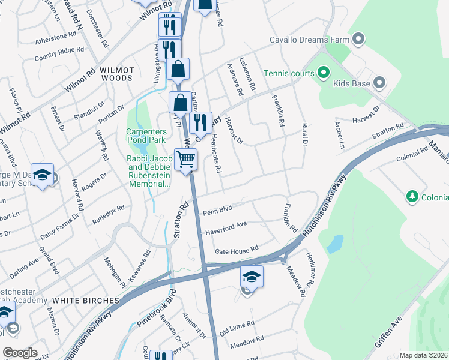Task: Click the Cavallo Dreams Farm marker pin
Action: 359,40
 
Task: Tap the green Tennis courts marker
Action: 323,74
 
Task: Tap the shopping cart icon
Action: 186,159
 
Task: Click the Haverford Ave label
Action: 226,227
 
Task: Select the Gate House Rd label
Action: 237,248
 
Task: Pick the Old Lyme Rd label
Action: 237,328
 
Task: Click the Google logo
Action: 20,353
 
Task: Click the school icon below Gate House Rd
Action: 252,277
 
